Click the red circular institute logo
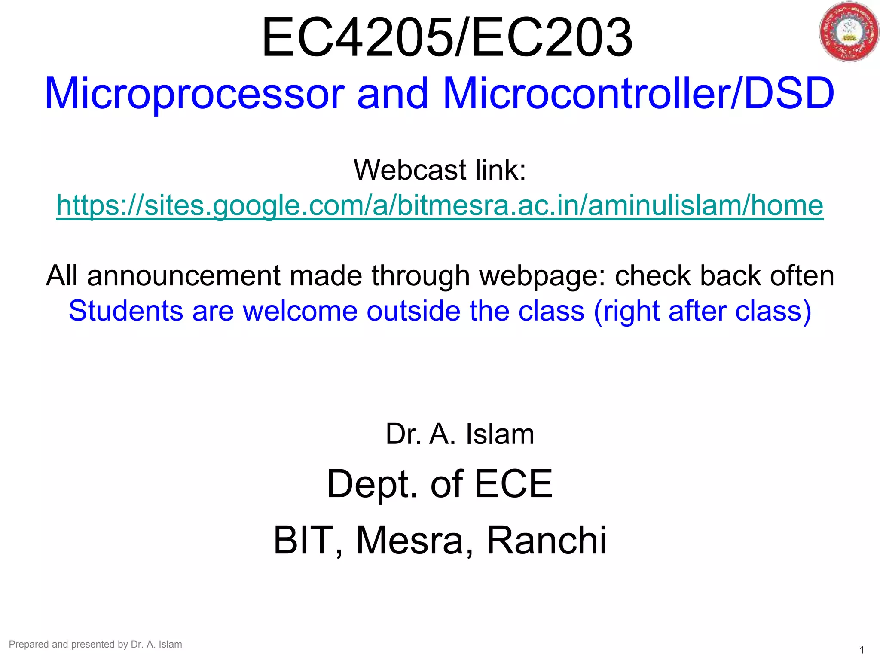pos(848,32)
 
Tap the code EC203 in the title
pos(552,38)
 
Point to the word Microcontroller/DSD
pos(638,94)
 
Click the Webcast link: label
pos(440,170)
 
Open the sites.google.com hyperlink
pos(440,205)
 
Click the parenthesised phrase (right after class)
pos(702,311)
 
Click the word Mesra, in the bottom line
pos(415,541)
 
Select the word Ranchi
pos(546,541)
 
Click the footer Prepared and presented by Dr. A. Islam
pos(95,644)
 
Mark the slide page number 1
pos(862,650)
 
